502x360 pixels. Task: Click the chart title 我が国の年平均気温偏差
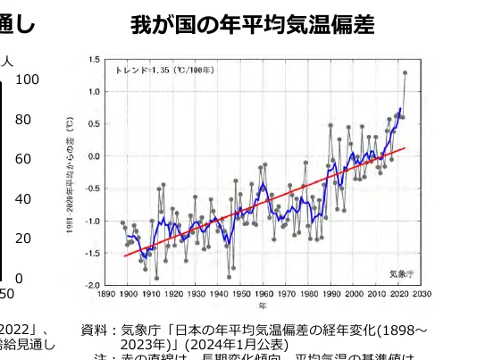(253, 24)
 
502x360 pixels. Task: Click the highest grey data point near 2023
(405, 73)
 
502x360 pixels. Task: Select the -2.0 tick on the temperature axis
(93, 285)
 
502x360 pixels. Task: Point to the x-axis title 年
(262, 305)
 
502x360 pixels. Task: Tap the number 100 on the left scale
(27, 80)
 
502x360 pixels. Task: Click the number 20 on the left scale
(23, 239)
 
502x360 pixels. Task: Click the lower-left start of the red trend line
(124, 256)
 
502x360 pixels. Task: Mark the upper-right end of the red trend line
(405, 148)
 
